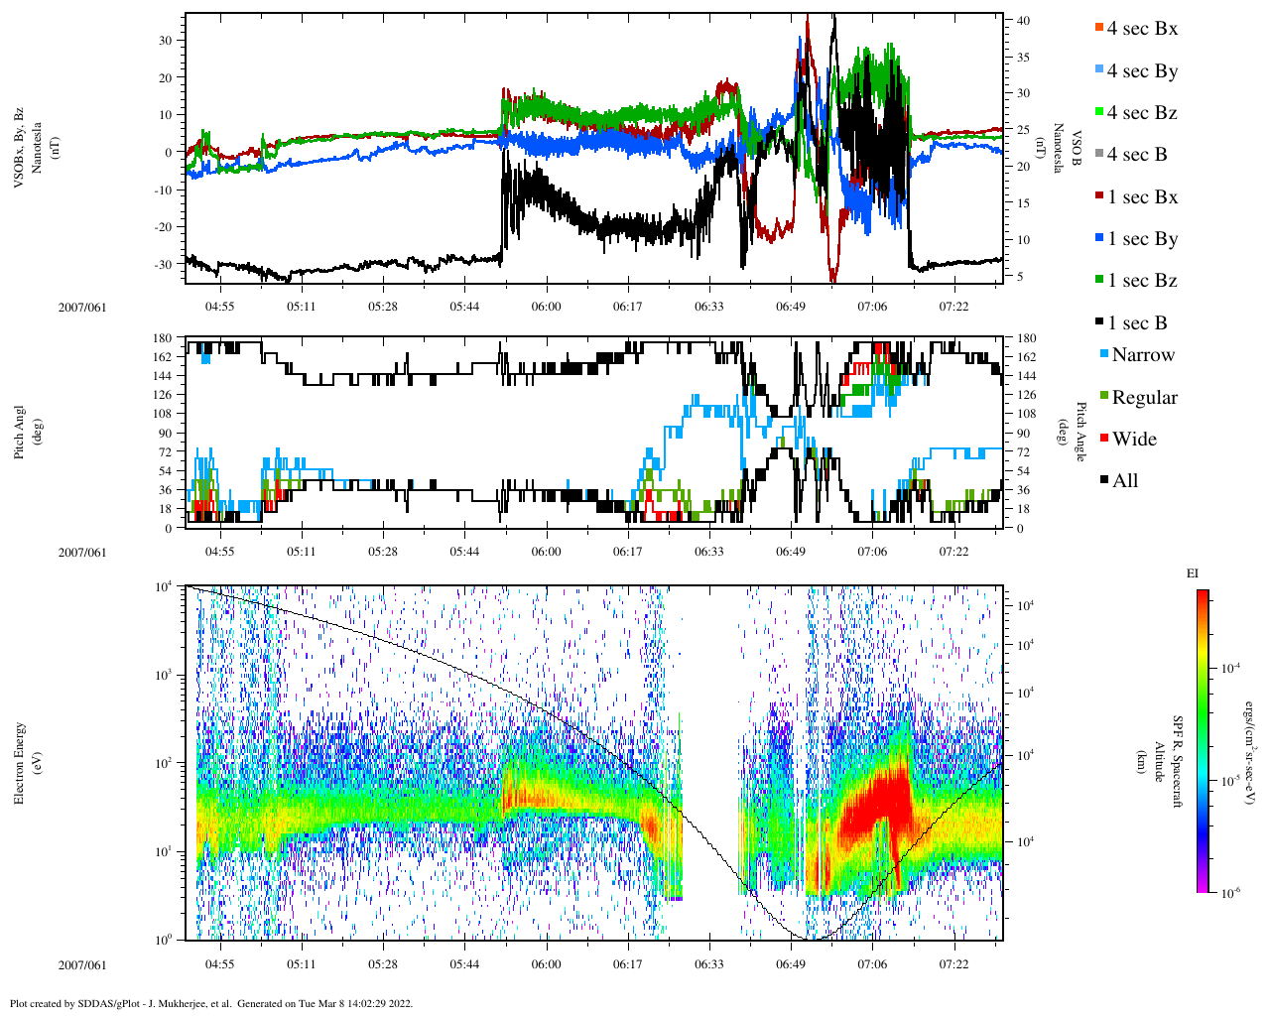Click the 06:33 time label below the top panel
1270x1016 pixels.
click(x=708, y=307)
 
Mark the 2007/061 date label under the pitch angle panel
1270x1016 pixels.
click(x=81, y=553)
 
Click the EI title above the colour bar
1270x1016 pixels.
click(x=1193, y=573)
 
